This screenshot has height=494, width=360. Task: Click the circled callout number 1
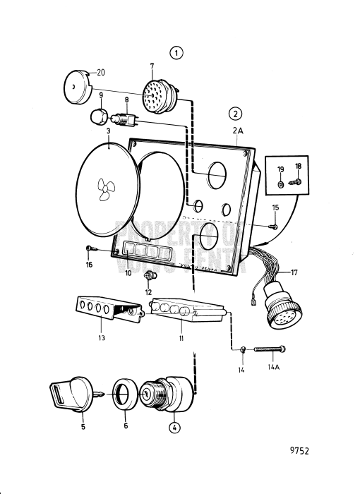pos(176,52)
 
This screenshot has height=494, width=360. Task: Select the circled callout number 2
pos(234,113)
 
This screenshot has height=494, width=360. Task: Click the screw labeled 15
pos(272,226)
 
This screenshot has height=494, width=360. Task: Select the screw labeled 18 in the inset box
pos(296,182)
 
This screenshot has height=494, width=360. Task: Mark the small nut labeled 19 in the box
pos(281,183)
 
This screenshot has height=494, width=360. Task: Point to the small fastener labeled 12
pos(149,275)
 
